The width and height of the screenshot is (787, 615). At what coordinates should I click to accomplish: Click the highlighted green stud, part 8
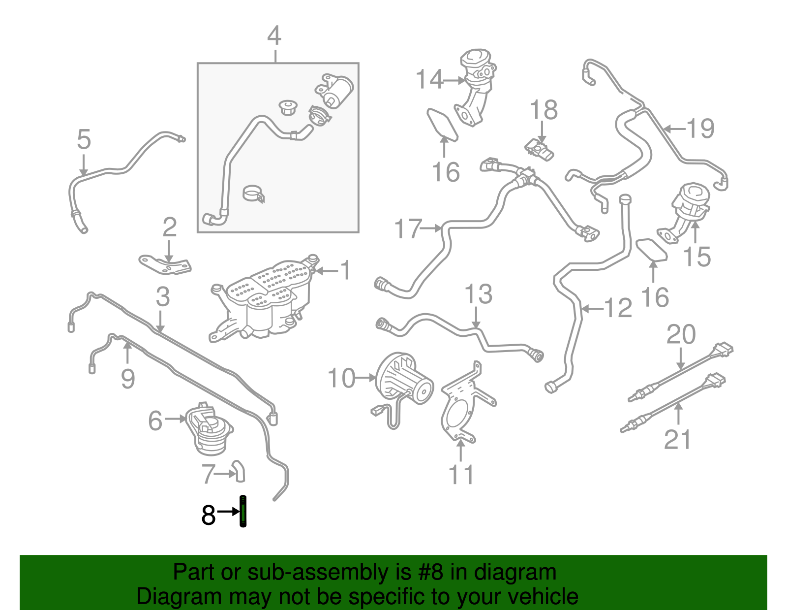click(x=242, y=512)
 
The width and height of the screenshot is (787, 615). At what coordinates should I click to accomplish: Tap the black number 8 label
click(x=208, y=516)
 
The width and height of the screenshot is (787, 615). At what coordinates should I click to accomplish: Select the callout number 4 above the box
click(x=274, y=36)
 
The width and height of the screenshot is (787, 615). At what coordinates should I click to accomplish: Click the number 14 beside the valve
click(x=429, y=79)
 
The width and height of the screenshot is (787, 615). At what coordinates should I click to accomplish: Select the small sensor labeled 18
click(x=540, y=149)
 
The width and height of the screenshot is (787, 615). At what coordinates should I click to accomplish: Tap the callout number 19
click(x=700, y=129)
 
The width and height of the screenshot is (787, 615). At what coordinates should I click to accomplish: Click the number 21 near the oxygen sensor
click(x=677, y=440)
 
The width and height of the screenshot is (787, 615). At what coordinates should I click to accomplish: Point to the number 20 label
click(x=681, y=335)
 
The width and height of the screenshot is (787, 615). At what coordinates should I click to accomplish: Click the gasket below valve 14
click(x=442, y=124)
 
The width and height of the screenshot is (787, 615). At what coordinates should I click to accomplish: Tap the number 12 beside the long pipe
click(x=618, y=308)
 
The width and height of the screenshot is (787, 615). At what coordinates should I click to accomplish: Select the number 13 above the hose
click(x=478, y=294)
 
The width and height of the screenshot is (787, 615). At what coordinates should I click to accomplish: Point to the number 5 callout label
click(x=84, y=140)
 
